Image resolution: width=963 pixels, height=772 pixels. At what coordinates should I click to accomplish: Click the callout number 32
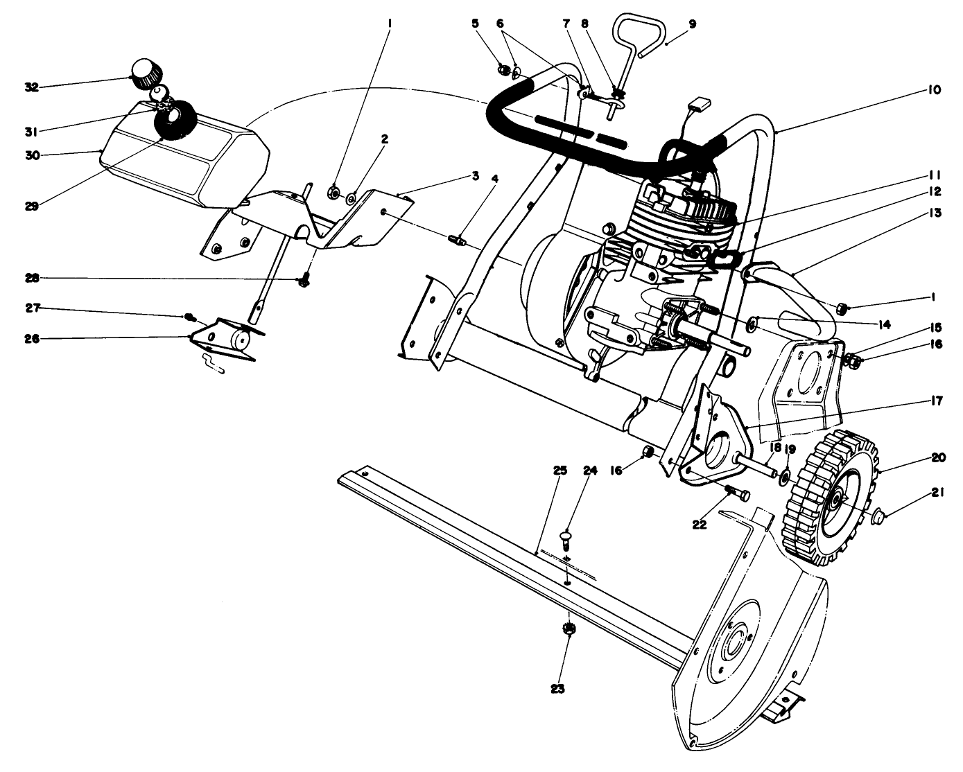tap(31, 87)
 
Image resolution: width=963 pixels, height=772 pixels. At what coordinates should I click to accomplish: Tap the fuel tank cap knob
tap(146, 72)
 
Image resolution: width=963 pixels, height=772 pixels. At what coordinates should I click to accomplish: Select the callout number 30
tap(31, 155)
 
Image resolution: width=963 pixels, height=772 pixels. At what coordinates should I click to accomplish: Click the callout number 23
tap(558, 689)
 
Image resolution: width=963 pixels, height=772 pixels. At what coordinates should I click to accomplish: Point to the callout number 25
tap(560, 471)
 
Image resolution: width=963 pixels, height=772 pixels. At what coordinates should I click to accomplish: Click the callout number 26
tap(31, 339)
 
